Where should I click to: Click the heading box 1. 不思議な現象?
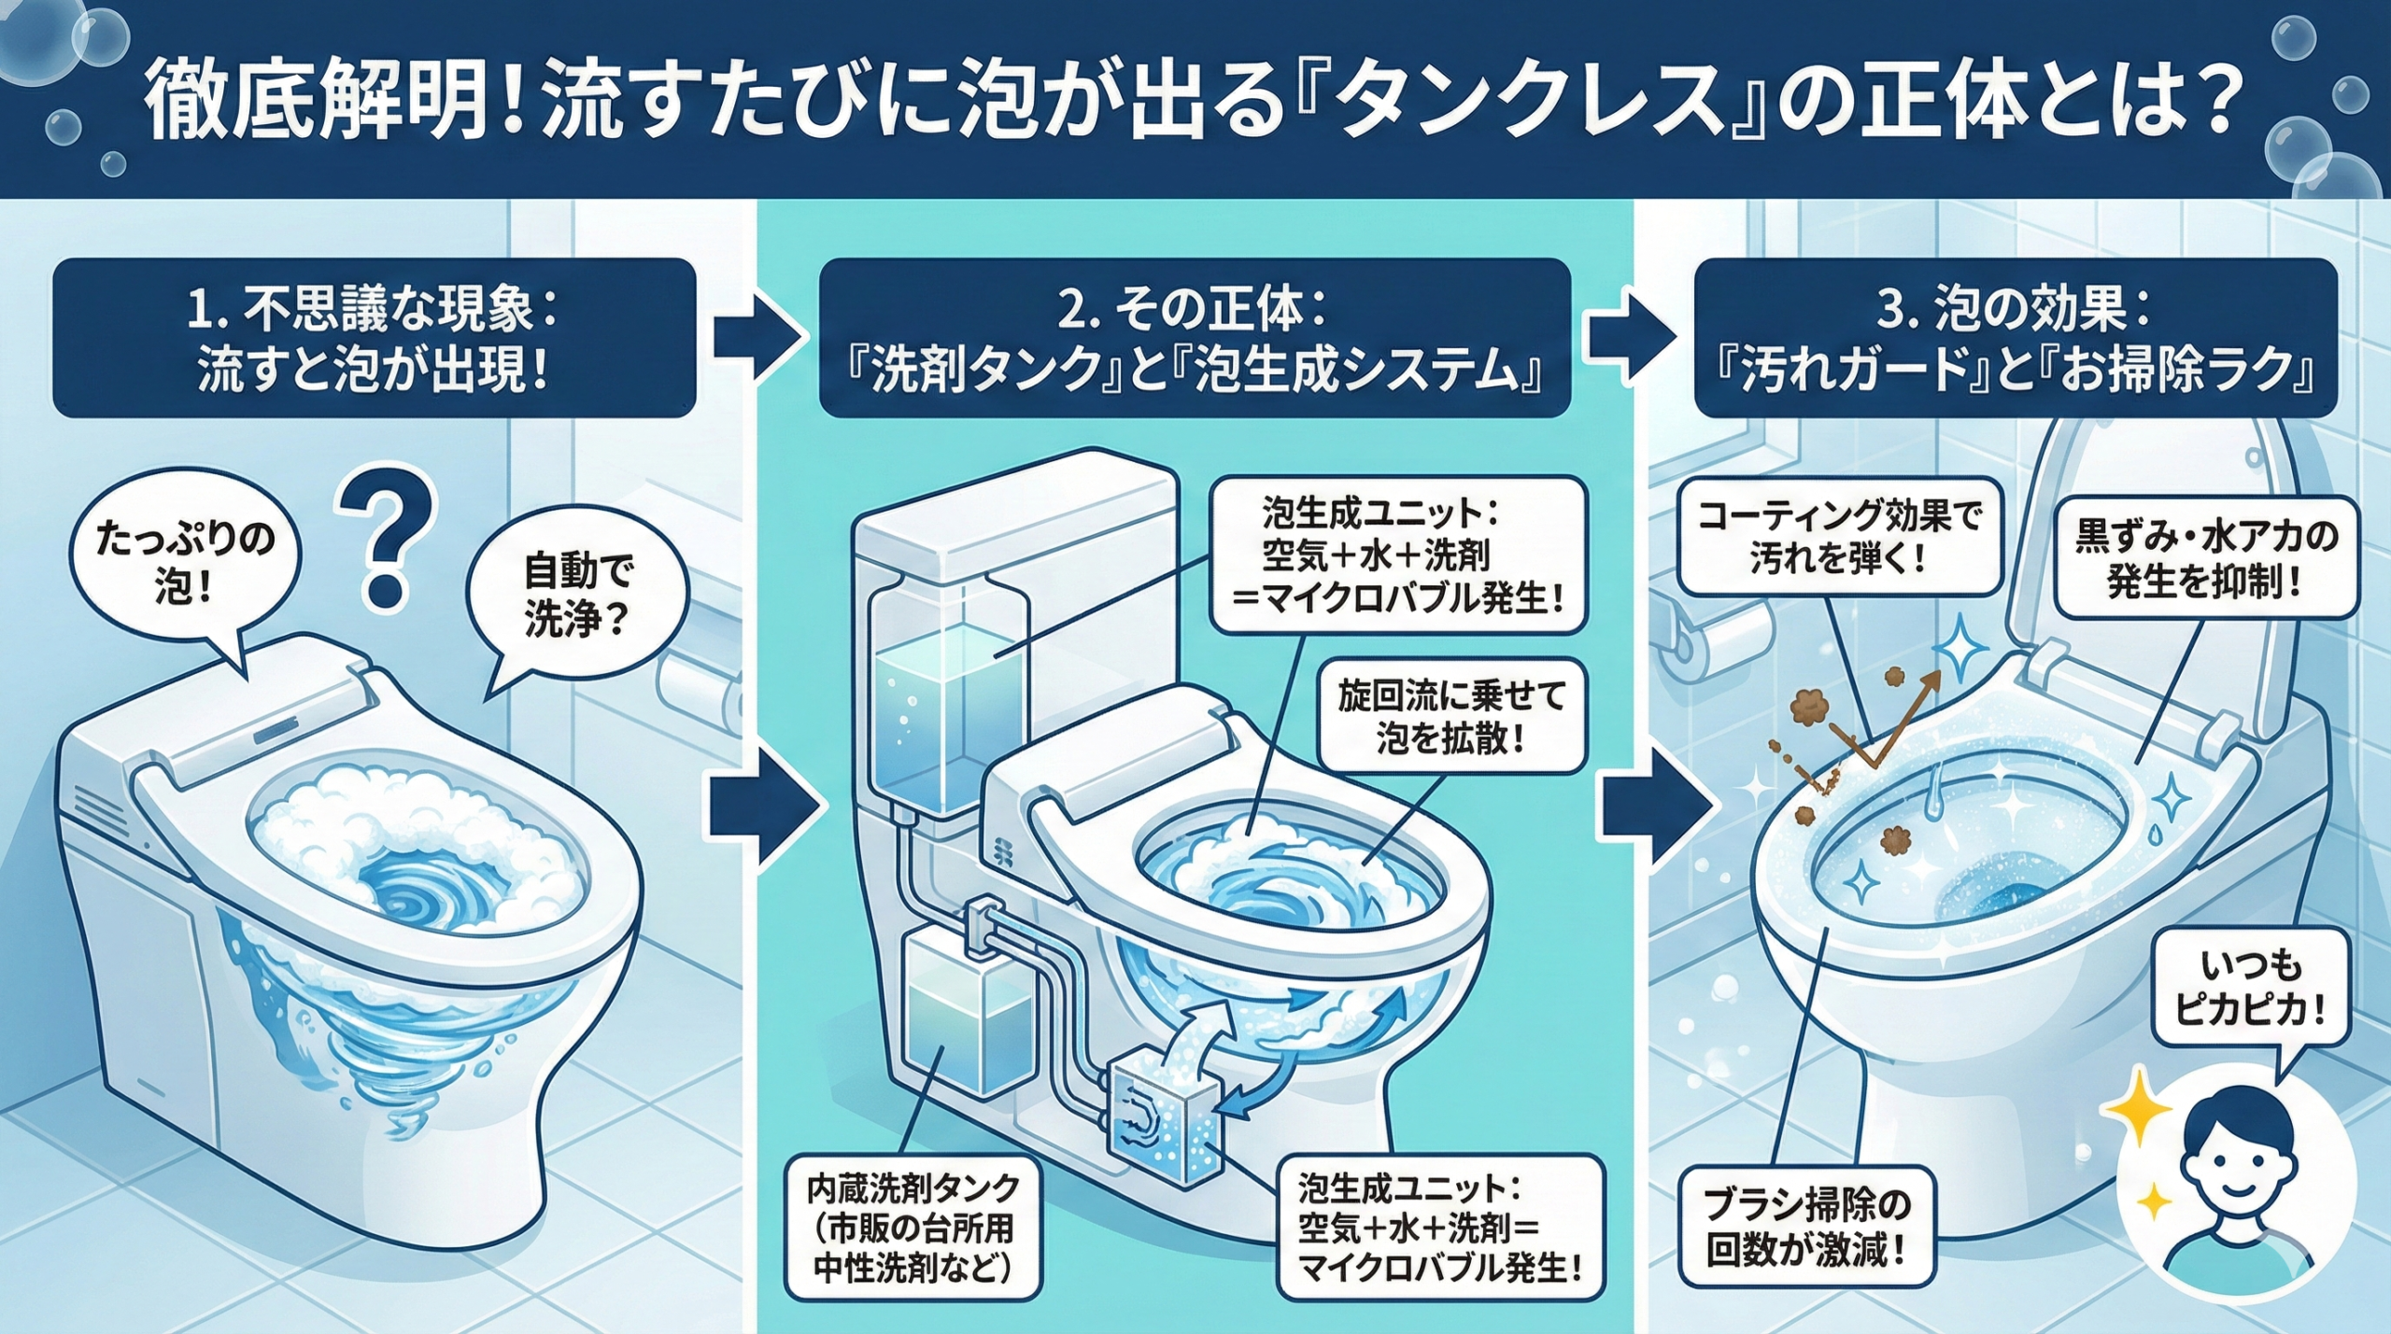pos(374,338)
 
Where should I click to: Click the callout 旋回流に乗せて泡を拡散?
pos(1450,718)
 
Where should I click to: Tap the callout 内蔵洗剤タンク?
pos(913,1229)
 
